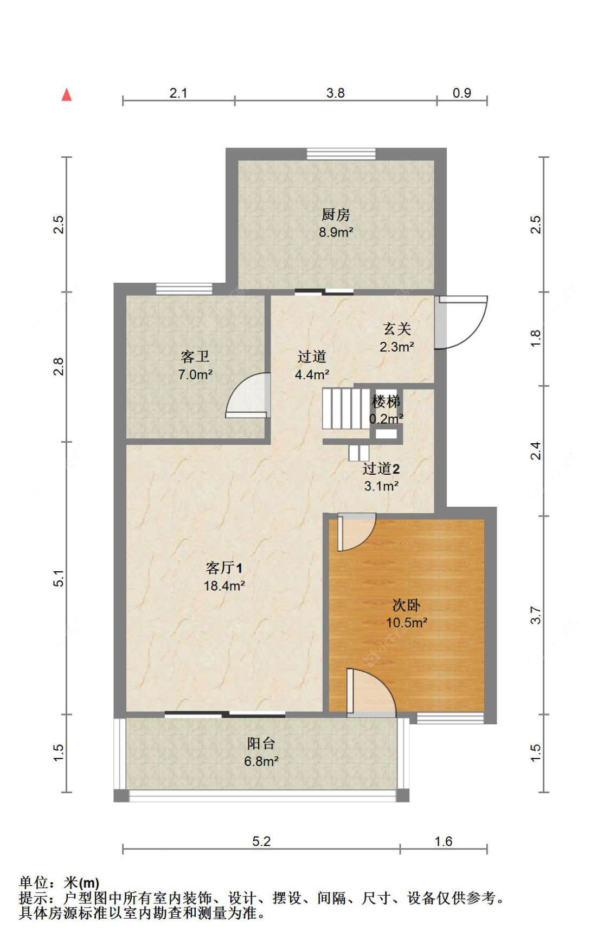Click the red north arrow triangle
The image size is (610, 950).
coord(67,95)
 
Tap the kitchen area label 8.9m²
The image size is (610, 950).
coord(336,232)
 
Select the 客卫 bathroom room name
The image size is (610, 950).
coord(195,356)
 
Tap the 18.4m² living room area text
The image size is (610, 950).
coord(224,586)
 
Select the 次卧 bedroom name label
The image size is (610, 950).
coord(406,605)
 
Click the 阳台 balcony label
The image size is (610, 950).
coord(261,743)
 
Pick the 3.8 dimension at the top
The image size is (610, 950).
coord(336,93)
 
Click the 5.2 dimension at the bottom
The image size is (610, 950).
coord(261,841)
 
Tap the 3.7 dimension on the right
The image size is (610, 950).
coord(536,615)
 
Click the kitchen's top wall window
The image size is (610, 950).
coord(341,154)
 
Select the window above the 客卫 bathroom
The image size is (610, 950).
coord(184,289)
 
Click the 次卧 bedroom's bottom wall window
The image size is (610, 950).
coord(450,718)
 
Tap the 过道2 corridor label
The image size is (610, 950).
coord(381,468)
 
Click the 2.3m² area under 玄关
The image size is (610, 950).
coord(397,347)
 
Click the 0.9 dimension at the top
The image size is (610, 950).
coord(462,93)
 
